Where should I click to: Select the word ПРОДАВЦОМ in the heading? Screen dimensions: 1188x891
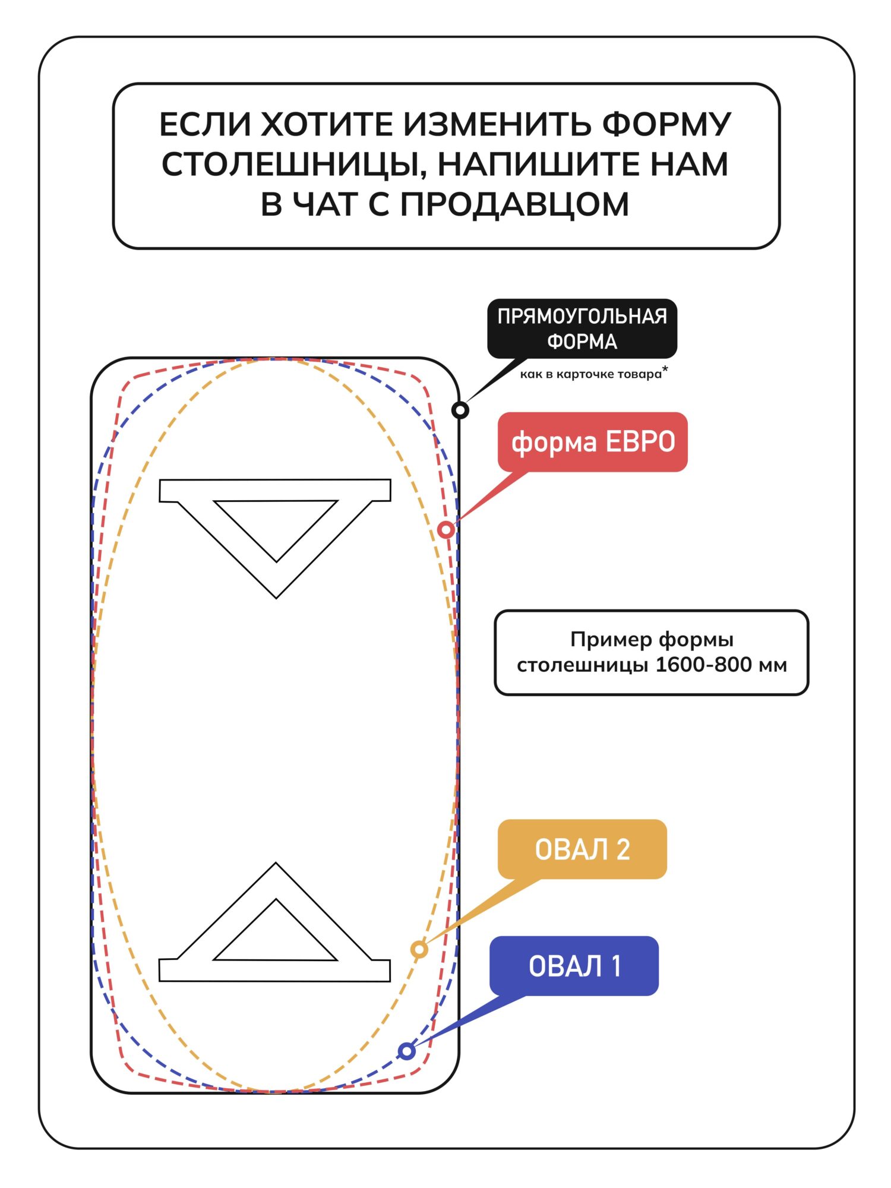(x=514, y=204)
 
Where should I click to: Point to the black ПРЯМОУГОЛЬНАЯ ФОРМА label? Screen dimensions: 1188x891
(x=582, y=328)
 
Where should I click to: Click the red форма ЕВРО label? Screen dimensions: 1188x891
(x=593, y=442)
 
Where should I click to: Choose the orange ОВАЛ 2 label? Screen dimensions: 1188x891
(x=582, y=849)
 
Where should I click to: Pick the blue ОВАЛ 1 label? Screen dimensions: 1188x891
(x=574, y=966)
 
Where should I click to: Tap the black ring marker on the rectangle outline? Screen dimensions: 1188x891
(x=460, y=410)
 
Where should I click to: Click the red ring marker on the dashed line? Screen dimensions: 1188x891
(x=446, y=529)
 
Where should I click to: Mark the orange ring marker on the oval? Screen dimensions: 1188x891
(x=419, y=949)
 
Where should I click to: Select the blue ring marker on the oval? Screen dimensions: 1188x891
(x=407, y=1051)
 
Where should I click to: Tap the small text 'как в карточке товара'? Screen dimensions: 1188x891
(x=590, y=374)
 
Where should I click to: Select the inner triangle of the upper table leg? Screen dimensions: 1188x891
(x=276, y=523)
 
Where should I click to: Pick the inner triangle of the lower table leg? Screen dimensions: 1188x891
(x=276, y=939)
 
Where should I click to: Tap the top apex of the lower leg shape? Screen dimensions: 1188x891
(x=276, y=865)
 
